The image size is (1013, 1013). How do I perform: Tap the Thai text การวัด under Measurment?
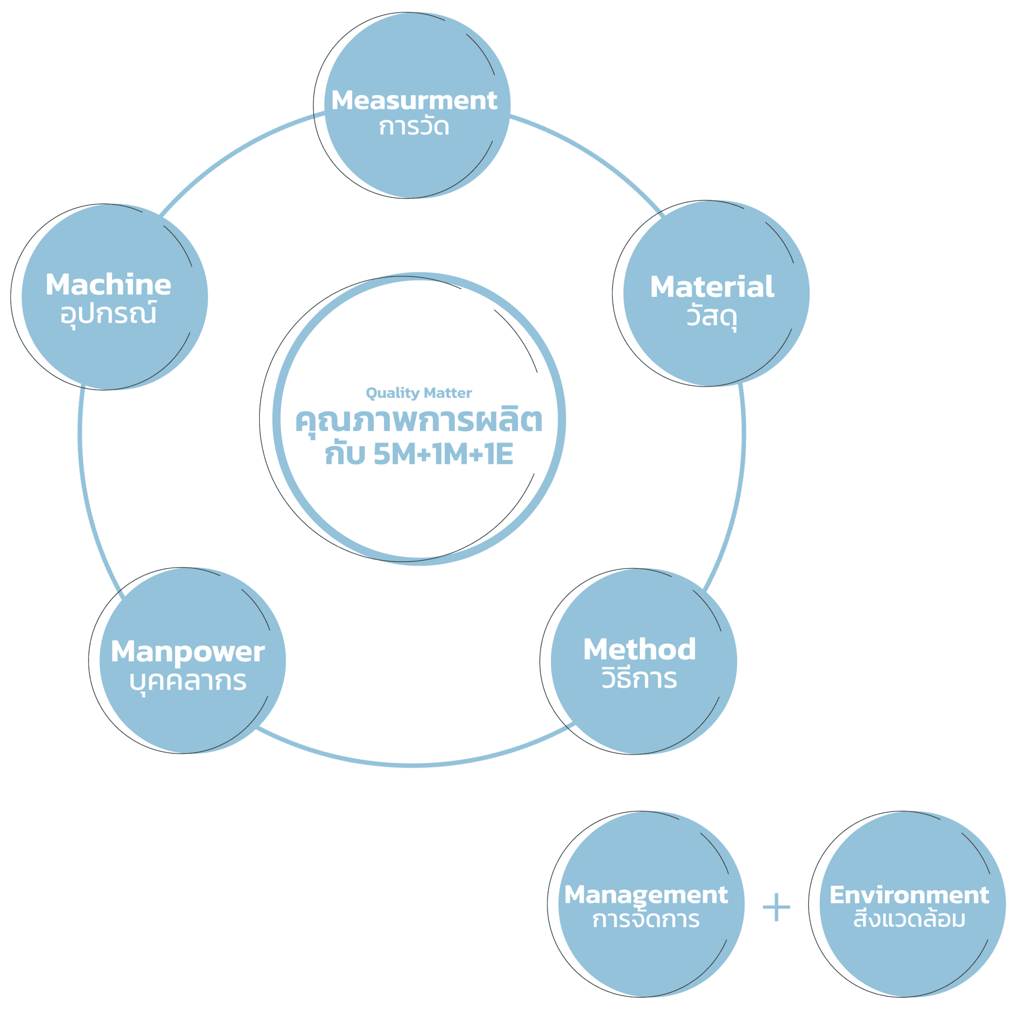tap(414, 128)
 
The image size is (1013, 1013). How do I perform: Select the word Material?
tap(711, 287)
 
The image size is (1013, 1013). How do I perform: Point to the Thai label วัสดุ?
tap(711, 316)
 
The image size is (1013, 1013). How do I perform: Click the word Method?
tap(639, 649)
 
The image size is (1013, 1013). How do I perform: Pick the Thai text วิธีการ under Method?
tap(639, 679)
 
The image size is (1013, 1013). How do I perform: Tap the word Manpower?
tap(187, 652)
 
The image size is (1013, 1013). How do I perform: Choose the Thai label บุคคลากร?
tap(187, 681)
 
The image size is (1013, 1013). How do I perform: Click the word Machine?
tap(108, 285)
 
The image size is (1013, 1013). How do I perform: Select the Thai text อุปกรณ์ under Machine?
tap(108, 314)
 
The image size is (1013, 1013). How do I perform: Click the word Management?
tap(646, 894)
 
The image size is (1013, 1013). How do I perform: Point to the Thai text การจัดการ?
tap(646, 919)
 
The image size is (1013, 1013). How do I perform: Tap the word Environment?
tap(909, 894)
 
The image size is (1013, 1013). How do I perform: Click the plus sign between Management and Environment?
tap(776, 907)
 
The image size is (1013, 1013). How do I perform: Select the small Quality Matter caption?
tap(418, 393)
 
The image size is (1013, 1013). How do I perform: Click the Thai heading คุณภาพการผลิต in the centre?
tap(418, 421)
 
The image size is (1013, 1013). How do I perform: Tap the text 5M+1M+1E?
tap(443, 454)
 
